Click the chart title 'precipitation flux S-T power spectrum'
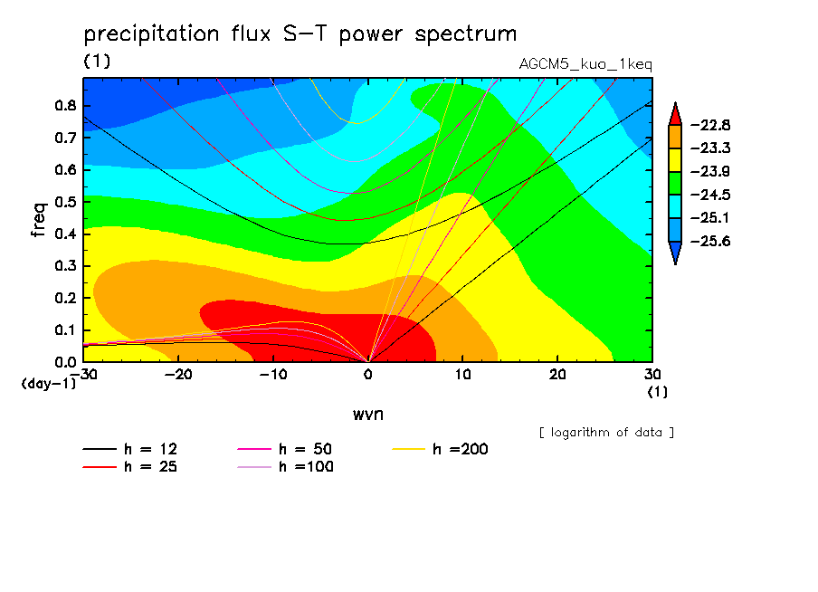pyautogui.click(x=300, y=34)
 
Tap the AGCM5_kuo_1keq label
pyautogui.click(x=585, y=64)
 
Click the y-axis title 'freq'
pyautogui.click(x=38, y=219)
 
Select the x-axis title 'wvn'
pyautogui.click(x=367, y=414)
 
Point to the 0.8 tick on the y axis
pyautogui.click(x=64, y=105)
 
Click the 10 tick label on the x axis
pyautogui.click(x=462, y=374)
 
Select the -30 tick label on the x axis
pyautogui.click(x=83, y=374)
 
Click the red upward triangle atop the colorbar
pyautogui.click(x=675, y=113)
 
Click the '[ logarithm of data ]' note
pyautogui.click(x=606, y=432)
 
